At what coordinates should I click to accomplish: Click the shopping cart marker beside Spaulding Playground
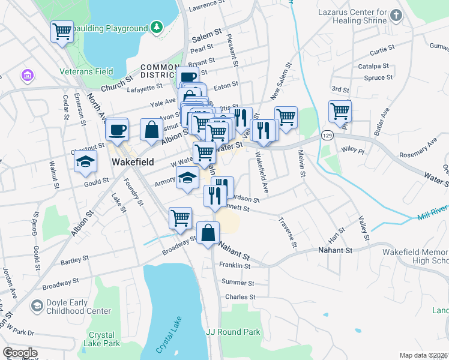pyautogui.click(x=62, y=32)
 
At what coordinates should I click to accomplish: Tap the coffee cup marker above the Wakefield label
pyautogui.click(x=117, y=129)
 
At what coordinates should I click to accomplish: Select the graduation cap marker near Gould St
pyautogui.click(x=86, y=161)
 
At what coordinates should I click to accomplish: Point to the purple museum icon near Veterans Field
pyautogui.click(x=26, y=76)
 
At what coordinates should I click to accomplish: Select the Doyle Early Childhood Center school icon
pyautogui.click(x=37, y=307)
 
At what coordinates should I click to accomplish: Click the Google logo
pyautogui.click(x=20, y=353)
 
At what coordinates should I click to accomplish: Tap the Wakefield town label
pyautogui.click(x=133, y=162)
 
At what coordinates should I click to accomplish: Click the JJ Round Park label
pyautogui.click(x=233, y=332)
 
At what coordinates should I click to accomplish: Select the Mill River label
pyautogui.click(x=432, y=210)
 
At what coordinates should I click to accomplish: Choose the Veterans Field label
pyautogui.click(x=86, y=71)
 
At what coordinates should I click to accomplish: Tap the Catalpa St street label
pyautogui.click(x=374, y=66)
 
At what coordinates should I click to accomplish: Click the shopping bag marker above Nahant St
pyautogui.click(x=208, y=232)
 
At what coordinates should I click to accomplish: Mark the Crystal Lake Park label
pyautogui.click(x=104, y=339)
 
